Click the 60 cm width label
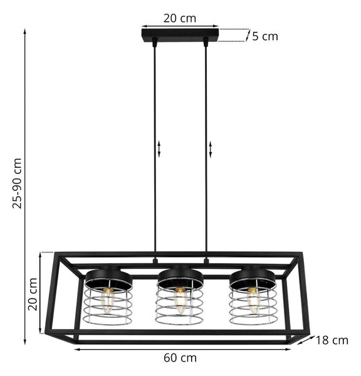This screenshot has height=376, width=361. coord(180,358)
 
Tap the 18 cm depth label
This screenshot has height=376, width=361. coord(332,340)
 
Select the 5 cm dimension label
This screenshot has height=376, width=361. coord(265,36)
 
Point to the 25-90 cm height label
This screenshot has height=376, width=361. coord(18,184)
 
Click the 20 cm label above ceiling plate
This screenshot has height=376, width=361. coord(180,18)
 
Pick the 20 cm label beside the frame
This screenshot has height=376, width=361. coord(33,294)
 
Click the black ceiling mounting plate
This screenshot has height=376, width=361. coord(180,36)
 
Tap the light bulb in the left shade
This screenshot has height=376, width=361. coord(107,300)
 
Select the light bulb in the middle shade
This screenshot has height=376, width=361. coord(180,300)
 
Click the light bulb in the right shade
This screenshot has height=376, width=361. coord(253,300)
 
